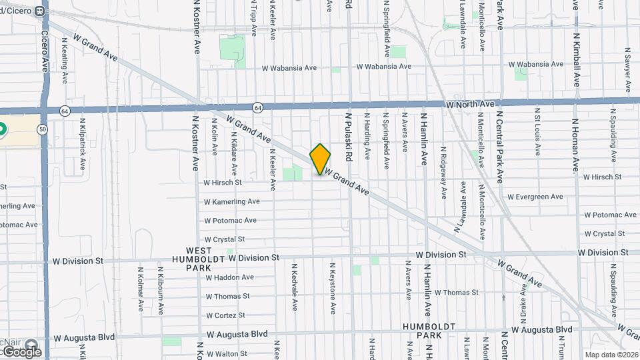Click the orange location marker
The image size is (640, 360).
(320, 159)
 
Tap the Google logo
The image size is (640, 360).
(21, 351)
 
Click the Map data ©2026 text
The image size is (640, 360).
(611, 355)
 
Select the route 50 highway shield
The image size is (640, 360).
(43, 129)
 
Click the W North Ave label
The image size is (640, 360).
(471, 105)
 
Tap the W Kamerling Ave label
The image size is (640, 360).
(231, 201)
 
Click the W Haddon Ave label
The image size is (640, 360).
(229, 277)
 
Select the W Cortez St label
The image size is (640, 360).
(225, 315)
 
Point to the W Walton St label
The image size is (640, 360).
(227, 353)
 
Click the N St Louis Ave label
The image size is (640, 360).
(537, 131)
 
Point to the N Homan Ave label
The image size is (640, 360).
(576, 145)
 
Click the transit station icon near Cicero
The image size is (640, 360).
(40, 11)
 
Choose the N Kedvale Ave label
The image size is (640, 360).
(294, 286)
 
